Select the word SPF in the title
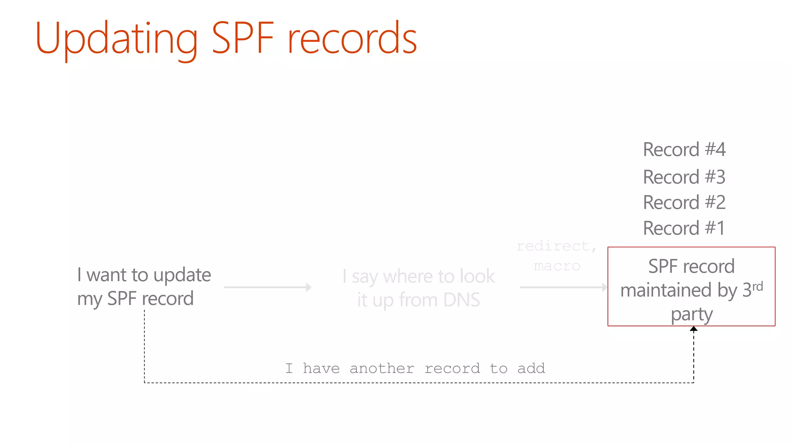(243, 38)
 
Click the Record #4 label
(684, 149)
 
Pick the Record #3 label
(684, 177)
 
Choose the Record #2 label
(684, 202)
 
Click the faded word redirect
(553, 246)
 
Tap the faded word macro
(557, 266)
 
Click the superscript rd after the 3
(758, 286)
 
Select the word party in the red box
(691, 314)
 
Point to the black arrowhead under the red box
(694, 329)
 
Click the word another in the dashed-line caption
(382, 369)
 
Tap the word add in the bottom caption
(531, 369)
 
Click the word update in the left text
(182, 275)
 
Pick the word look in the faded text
(477, 276)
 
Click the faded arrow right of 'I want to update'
(268, 287)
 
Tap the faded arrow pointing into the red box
(564, 287)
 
